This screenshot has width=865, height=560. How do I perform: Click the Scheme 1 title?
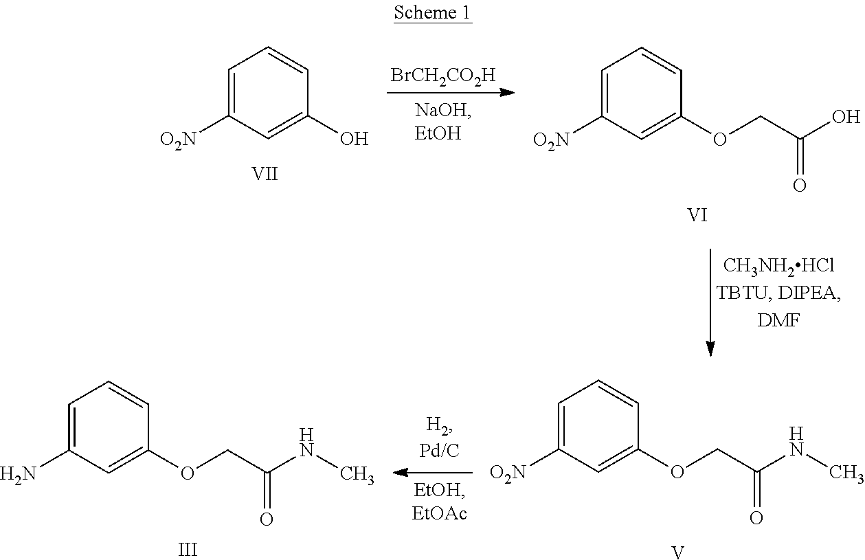(433, 13)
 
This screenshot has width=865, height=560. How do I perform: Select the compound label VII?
(265, 174)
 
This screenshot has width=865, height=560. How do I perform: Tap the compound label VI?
(697, 215)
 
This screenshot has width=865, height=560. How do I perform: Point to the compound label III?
(188, 549)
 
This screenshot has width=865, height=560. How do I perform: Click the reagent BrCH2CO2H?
(443, 76)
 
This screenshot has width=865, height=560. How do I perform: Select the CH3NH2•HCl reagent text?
(778, 267)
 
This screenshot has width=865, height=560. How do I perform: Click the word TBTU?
(742, 293)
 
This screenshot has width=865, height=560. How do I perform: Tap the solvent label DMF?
(778, 320)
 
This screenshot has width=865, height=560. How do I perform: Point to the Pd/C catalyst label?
(440, 450)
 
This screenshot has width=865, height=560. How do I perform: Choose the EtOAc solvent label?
(440, 513)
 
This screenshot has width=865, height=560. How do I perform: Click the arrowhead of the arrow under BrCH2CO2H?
(507, 92)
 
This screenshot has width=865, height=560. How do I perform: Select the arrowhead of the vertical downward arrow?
(710, 348)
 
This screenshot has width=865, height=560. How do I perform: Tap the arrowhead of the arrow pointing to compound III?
(401, 472)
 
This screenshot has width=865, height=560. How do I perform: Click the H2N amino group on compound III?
(18, 474)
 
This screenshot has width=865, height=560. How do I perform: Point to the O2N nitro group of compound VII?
(178, 139)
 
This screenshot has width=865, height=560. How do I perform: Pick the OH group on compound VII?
(354, 139)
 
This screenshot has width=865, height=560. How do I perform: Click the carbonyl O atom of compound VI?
(799, 186)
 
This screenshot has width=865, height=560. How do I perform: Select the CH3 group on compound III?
(357, 474)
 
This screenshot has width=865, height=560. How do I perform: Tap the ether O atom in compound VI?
(719, 139)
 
